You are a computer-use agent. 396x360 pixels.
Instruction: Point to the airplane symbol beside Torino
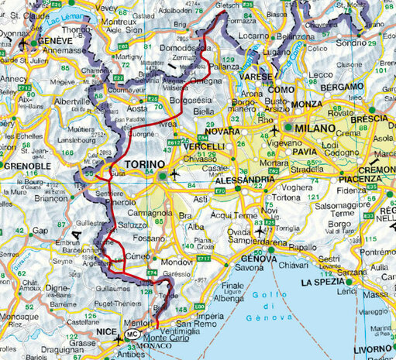(x=175, y=174)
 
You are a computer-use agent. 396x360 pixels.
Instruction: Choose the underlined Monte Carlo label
(x=166, y=338)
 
